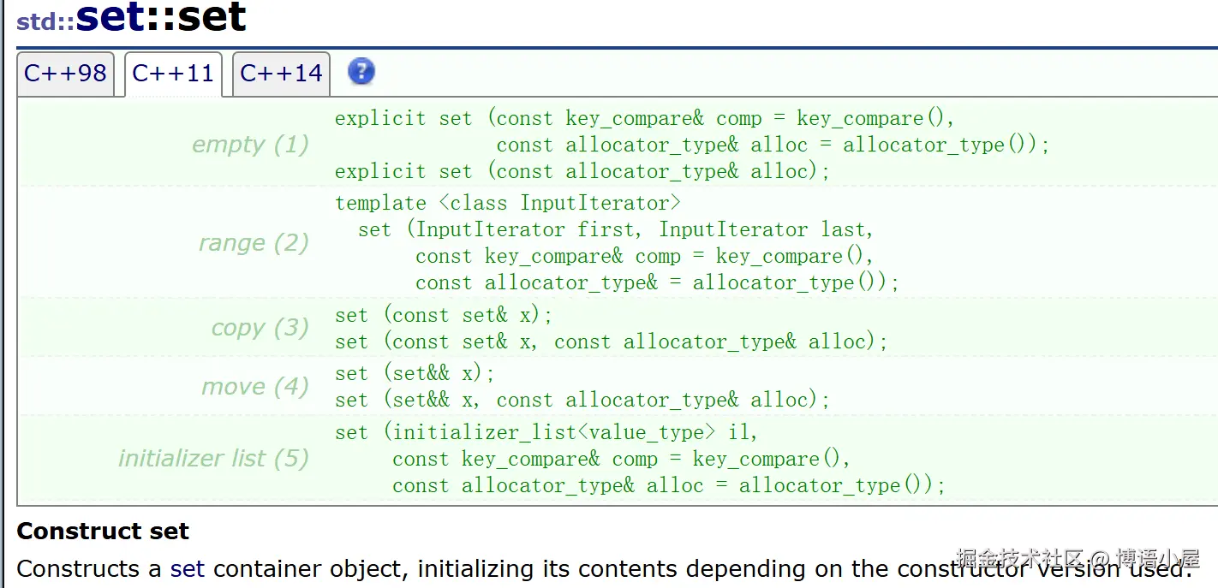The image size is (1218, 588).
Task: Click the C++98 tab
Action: pyautogui.click(x=65, y=74)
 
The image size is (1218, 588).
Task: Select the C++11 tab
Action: pyautogui.click(x=173, y=74)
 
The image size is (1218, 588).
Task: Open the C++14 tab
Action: pyautogui.click(x=281, y=74)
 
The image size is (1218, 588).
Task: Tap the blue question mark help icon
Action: pyautogui.click(x=361, y=71)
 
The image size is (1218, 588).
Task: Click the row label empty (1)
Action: pyautogui.click(x=250, y=145)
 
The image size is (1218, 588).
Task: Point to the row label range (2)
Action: pyautogui.click(x=254, y=243)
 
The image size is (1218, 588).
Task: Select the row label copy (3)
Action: pyautogui.click(x=260, y=328)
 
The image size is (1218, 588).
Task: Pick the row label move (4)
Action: pyautogui.click(x=254, y=387)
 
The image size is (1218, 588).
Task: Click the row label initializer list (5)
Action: pyautogui.click(x=213, y=459)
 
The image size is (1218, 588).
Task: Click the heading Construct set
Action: pyautogui.click(x=103, y=532)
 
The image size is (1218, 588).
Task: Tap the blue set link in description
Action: pyautogui.click(x=187, y=569)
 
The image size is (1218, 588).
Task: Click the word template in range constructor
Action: pyautogui.click(x=380, y=204)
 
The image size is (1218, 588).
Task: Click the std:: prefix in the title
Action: pyautogui.click(x=45, y=21)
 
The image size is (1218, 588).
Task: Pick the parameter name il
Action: pyautogui.click(x=742, y=433)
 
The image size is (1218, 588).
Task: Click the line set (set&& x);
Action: pyautogui.click(x=415, y=374)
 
